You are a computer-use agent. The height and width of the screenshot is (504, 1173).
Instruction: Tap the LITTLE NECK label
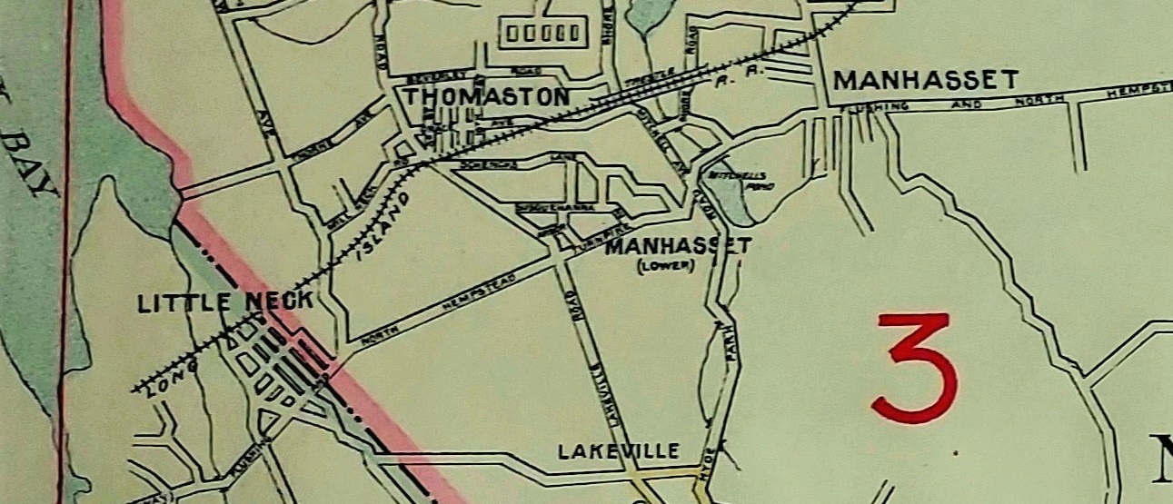(225, 302)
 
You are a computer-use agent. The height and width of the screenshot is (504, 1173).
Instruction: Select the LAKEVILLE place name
(619, 450)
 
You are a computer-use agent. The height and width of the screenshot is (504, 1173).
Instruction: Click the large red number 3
(916, 367)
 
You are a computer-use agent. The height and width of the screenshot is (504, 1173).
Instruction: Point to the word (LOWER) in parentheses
(665, 265)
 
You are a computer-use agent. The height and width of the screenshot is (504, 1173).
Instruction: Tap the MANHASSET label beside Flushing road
(925, 81)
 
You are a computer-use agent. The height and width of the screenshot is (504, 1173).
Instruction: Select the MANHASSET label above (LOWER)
(678, 245)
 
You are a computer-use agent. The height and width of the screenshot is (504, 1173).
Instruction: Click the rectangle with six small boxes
(542, 34)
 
